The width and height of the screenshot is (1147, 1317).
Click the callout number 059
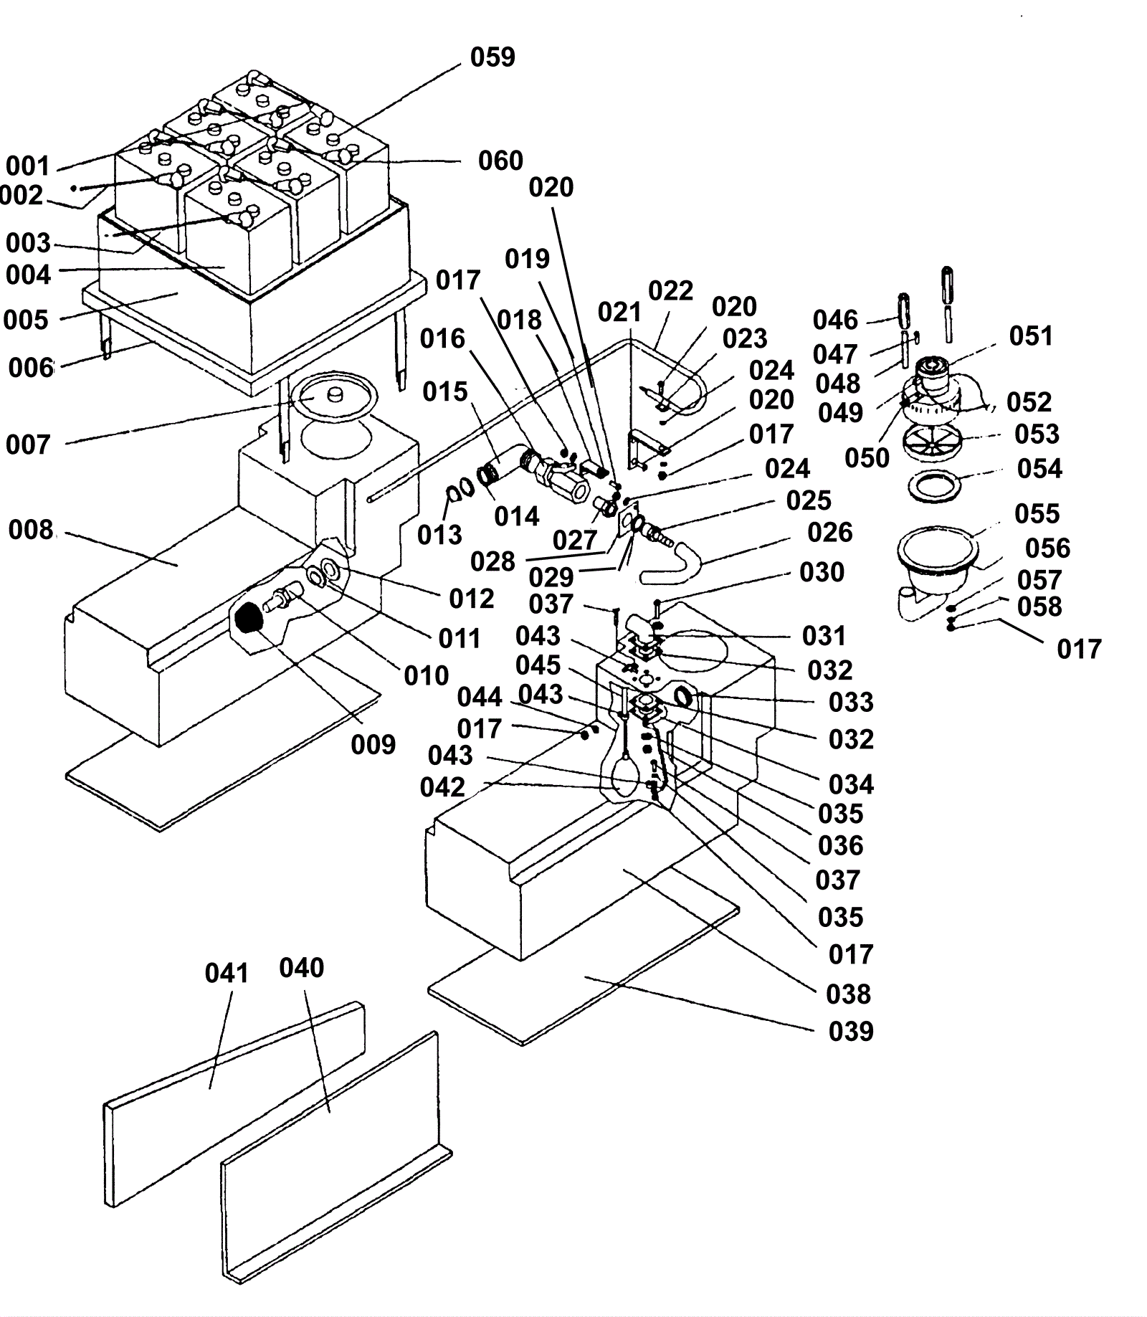(x=492, y=57)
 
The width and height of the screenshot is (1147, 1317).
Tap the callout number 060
(x=500, y=161)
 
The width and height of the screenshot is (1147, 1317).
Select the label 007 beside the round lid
(x=28, y=444)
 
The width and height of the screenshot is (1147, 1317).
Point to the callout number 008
(x=31, y=530)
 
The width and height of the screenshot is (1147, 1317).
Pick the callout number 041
(x=227, y=973)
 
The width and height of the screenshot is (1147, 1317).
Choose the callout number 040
(x=301, y=968)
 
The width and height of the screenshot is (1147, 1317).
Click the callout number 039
(x=851, y=1031)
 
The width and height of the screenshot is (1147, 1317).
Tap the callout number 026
(x=829, y=532)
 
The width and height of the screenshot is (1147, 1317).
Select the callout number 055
(x=1037, y=513)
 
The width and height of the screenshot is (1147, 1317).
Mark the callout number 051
(x=1031, y=336)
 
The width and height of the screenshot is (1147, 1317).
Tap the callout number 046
(x=835, y=320)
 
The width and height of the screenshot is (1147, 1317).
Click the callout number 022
(x=670, y=290)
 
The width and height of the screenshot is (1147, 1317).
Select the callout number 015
(x=444, y=391)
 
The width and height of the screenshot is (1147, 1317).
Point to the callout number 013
(x=439, y=534)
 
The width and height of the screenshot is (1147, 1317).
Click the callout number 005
(x=27, y=320)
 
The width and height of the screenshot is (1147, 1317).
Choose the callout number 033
(x=851, y=702)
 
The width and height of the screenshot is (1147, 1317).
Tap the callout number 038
(x=848, y=994)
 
